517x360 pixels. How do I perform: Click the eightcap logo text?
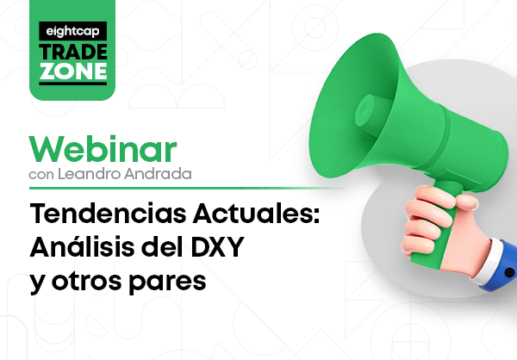point(72,32)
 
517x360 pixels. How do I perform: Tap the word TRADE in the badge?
point(73,52)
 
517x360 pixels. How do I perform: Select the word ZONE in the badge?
point(73,71)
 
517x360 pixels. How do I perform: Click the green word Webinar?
point(103,149)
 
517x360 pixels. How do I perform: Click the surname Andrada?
point(158,174)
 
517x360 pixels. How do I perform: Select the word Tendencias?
point(109,214)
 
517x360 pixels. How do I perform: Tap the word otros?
point(87,282)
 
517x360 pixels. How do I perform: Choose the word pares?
point(167,282)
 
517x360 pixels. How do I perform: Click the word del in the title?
point(163,246)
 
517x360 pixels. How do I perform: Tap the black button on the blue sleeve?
point(509,272)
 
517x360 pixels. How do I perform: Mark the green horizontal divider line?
point(186,189)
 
